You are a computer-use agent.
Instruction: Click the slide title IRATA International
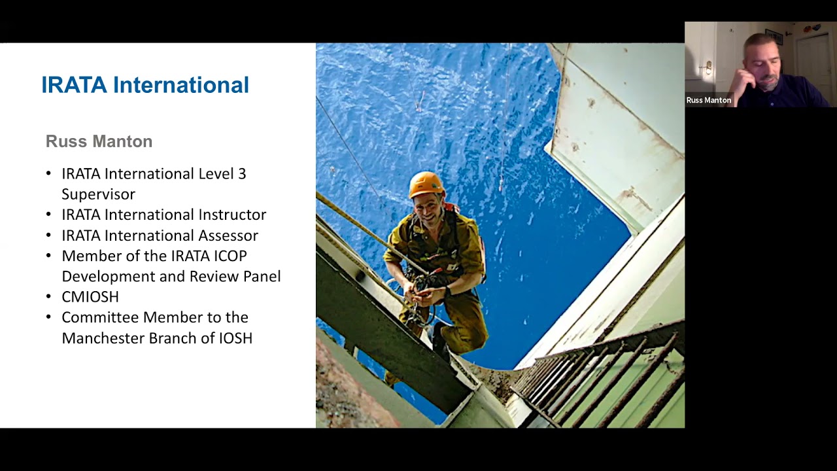pos(145,85)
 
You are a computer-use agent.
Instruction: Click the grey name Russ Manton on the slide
pos(99,141)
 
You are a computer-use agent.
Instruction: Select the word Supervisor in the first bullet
pos(98,194)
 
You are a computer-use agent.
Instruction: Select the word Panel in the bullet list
pos(262,276)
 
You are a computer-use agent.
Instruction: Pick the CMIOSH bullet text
pos(90,297)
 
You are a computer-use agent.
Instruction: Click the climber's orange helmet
pos(426,184)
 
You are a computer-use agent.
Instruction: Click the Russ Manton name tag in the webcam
pos(709,100)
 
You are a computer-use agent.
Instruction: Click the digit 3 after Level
pos(242,174)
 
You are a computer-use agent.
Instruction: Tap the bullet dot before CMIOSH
pos(48,297)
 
